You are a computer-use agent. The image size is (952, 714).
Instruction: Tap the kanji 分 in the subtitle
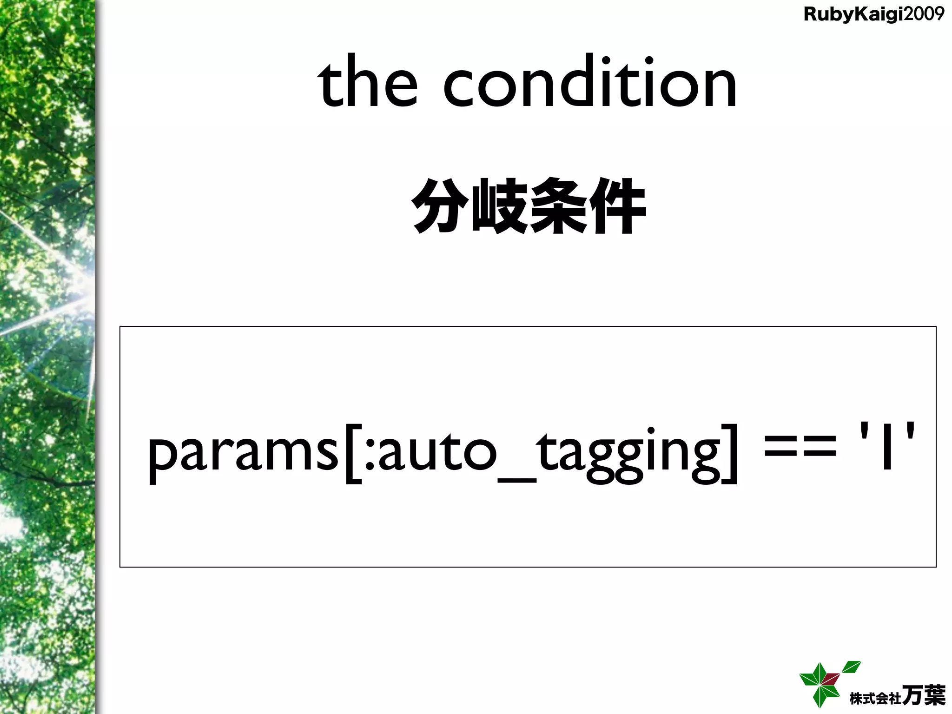click(440, 205)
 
